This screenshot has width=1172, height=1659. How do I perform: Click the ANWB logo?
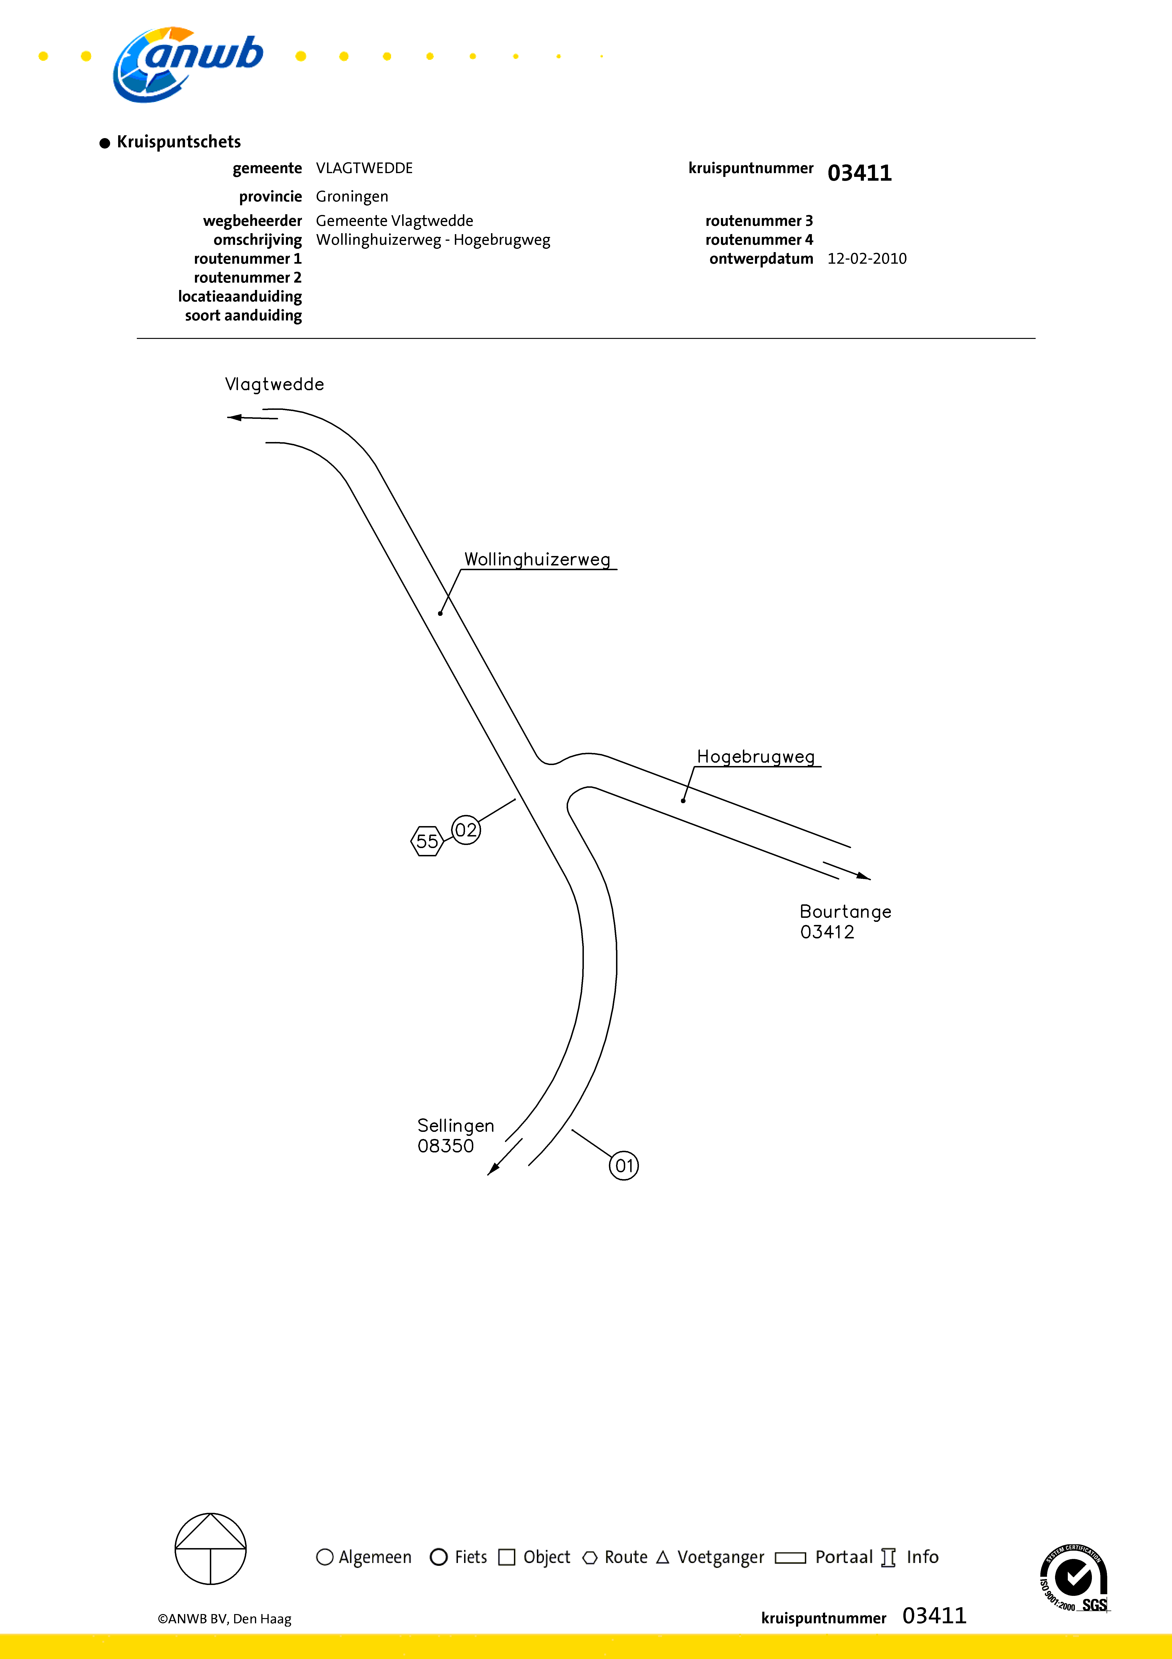pyautogui.click(x=188, y=64)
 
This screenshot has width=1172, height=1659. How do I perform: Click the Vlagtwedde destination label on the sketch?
pyautogui.click(x=274, y=384)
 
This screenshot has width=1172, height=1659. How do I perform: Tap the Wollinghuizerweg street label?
pyautogui.click(x=537, y=559)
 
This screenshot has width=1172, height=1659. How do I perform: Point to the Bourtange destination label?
pyautogui.click(x=845, y=912)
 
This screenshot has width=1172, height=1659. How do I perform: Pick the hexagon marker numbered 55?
pyautogui.click(x=427, y=841)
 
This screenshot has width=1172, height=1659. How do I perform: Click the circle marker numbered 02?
pyautogui.click(x=466, y=830)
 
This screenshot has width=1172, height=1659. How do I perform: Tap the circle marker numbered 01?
pyautogui.click(x=624, y=1165)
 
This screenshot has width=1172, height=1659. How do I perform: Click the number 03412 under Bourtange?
pyautogui.click(x=827, y=932)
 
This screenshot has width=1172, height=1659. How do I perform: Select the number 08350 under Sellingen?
pyautogui.click(x=446, y=1146)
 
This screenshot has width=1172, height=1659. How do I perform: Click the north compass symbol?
pyautogui.click(x=211, y=1549)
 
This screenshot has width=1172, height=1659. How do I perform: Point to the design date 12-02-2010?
pyautogui.click(x=866, y=259)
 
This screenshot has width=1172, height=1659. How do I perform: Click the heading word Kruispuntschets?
pyautogui.click(x=178, y=142)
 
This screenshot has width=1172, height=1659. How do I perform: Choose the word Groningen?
pyautogui.click(x=352, y=197)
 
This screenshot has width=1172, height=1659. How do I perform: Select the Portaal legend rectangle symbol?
pyautogui.click(x=790, y=1557)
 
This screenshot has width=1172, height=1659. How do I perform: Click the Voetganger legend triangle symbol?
pyautogui.click(x=662, y=1557)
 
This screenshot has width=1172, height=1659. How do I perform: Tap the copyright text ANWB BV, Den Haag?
pyautogui.click(x=224, y=1619)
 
